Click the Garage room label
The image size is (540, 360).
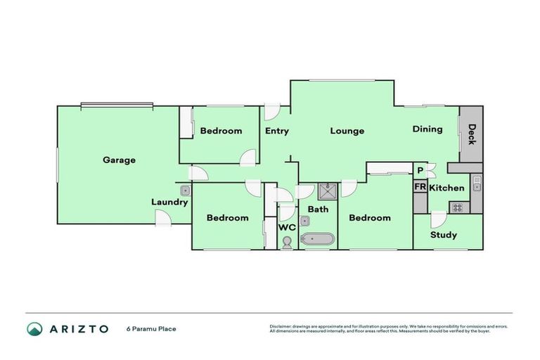click(x=119, y=160)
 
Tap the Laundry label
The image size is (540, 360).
click(x=169, y=202)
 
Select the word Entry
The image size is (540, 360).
click(x=277, y=131)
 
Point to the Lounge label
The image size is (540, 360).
click(x=347, y=131)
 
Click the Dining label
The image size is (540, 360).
click(x=427, y=129)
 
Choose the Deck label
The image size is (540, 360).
click(x=472, y=134)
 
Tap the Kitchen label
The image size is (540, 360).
click(x=446, y=188)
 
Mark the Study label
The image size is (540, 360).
click(x=444, y=235)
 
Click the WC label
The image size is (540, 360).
click(x=287, y=228)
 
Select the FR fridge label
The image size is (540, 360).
click(x=420, y=187)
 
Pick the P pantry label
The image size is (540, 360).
click(x=420, y=170)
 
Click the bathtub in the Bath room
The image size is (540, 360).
click(x=317, y=240)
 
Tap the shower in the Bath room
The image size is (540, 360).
click(x=327, y=191)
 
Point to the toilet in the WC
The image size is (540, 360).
click(x=287, y=243)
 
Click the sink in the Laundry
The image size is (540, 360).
click(x=185, y=191)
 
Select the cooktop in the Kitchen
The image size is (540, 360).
click(x=458, y=207)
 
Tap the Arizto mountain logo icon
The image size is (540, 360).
click(x=34, y=328)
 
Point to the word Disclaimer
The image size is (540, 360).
click(x=281, y=326)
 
